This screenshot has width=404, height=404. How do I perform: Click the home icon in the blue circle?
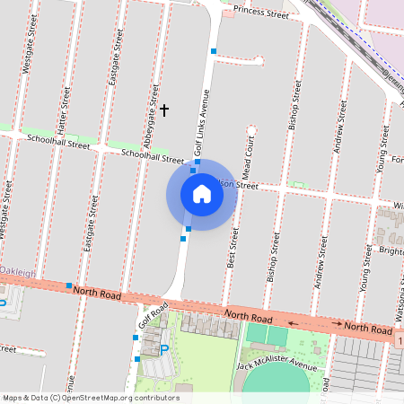[x=202, y=194]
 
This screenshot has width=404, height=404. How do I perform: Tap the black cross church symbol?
[x=163, y=110]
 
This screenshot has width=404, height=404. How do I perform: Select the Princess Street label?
[x=260, y=13]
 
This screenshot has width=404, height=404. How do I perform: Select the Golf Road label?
[x=153, y=316]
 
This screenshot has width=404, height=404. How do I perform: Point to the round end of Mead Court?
[x=251, y=131]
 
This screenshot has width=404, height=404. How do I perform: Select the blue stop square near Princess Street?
[x=213, y=50]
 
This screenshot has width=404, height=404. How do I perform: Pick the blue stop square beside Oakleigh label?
[x=69, y=285]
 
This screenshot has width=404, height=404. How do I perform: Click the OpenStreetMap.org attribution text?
[x=118, y=398]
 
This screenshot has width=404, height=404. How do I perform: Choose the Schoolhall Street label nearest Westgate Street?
[x=59, y=141]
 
